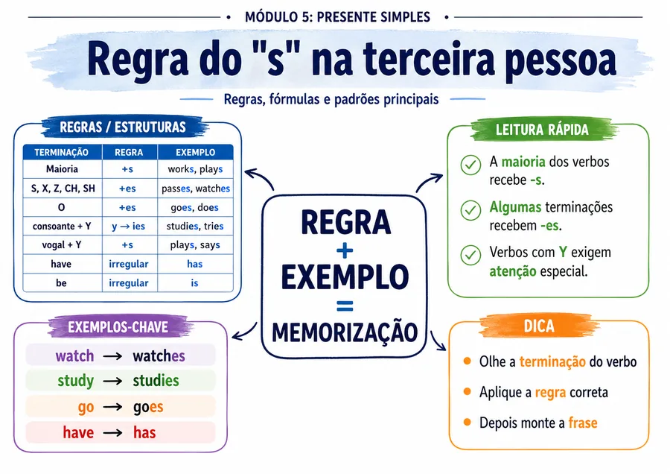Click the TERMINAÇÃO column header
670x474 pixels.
(x=62, y=152)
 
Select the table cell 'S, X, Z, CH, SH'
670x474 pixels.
(x=63, y=189)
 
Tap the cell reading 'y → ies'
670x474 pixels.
(x=129, y=226)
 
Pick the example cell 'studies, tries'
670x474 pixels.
(x=195, y=226)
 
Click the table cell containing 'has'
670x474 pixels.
(x=195, y=264)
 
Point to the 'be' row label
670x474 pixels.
(x=61, y=282)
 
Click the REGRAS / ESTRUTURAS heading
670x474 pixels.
(x=123, y=127)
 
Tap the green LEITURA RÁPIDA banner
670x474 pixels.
(x=542, y=129)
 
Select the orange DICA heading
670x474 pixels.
(x=539, y=326)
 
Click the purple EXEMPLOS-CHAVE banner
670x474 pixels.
(x=118, y=327)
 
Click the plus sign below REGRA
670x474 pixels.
(x=345, y=250)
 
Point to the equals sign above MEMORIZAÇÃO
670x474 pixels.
(x=345, y=306)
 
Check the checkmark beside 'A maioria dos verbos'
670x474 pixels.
(x=471, y=165)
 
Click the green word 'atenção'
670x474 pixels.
(x=513, y=271)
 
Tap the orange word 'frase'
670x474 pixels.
(x=583, y=423)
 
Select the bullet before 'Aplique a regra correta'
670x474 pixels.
(x=467, y=391)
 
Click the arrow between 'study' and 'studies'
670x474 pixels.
(x=113, y=381)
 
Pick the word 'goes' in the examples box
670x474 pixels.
(x=148, y=407)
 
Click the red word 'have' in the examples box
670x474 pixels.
(x=78, y=432)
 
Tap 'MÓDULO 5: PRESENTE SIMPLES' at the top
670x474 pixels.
(x=337, y=17)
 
